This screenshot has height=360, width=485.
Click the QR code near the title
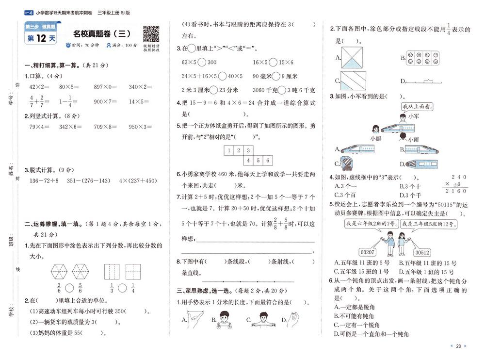point(151,33)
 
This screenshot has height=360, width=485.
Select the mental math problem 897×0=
point(106,87)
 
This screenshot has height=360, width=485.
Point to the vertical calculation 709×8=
point(106,127)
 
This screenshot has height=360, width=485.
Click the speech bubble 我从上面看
point(416,106)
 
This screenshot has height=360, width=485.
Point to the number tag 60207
point(368,252)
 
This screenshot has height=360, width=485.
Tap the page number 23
point(458,346)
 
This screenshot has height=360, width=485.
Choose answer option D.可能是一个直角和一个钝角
point(372,334)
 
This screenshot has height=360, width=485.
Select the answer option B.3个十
point(410,186)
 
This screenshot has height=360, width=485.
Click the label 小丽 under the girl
point(374,138)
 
